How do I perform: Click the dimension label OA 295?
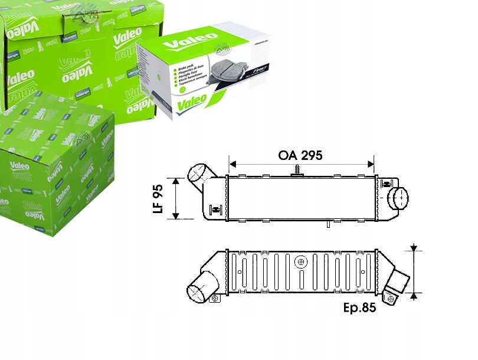[x=302, y=156]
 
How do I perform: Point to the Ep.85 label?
[x=360, y=308]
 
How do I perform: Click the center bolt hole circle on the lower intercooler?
[x=302, y=261]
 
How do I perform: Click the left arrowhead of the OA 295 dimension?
[x=232, y=162]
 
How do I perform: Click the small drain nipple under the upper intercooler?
[x=326, y=224]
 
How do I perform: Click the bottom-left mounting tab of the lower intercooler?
[x=215, y=299]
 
